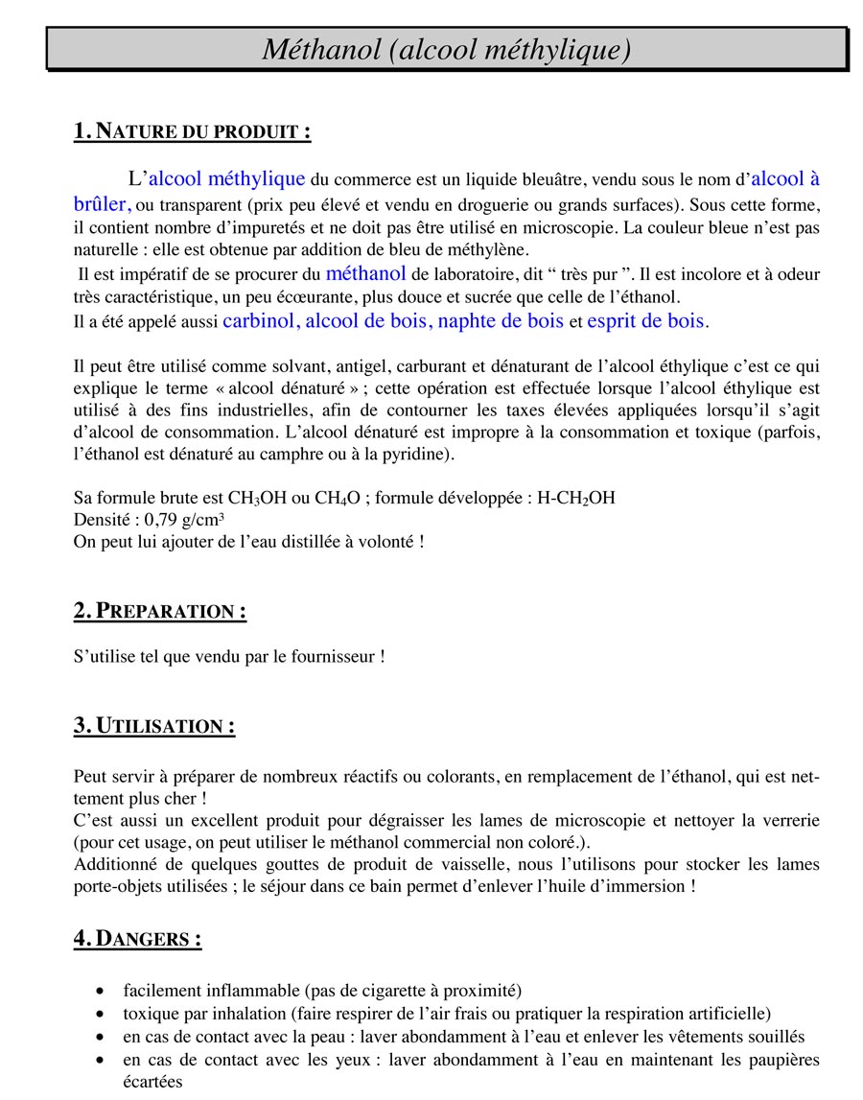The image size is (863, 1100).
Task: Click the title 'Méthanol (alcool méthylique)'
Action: (x=447, y=49)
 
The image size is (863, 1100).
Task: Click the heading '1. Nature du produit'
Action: (x=192, y=132)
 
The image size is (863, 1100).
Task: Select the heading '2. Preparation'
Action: (x=159, y=612)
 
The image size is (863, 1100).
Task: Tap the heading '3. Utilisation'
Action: (x=154, y=726)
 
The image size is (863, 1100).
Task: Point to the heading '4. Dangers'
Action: (x=137, y=939)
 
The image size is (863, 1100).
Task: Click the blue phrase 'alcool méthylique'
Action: (x=227, y=178)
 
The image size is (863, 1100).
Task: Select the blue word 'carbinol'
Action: (x=259, y=321)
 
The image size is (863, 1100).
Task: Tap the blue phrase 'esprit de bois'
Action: (x=645, y=321)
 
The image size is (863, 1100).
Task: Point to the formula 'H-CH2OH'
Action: (x=575, y=499)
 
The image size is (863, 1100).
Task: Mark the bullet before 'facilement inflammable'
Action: (x=102, y=991)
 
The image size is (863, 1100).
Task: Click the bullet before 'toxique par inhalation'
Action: (x=102, y=1014)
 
